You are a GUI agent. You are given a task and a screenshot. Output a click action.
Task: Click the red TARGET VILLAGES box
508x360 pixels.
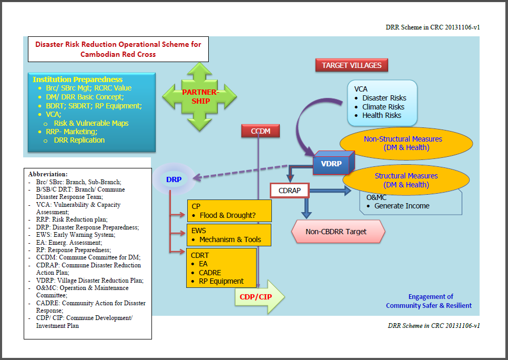tap(352, 65)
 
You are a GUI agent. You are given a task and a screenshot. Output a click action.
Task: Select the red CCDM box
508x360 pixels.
tap(260, 131)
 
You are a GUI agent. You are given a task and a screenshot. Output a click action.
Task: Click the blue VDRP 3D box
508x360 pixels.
tap(332, 164)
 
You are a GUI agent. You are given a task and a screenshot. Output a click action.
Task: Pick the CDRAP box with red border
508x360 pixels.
tap(290, 190)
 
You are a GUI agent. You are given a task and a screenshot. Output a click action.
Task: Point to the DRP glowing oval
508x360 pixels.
tap(174, 179)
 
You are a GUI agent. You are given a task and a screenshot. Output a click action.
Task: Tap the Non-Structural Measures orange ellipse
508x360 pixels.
tap(403, 143)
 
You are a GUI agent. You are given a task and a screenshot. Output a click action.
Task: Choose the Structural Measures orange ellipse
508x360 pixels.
tap(405, 180)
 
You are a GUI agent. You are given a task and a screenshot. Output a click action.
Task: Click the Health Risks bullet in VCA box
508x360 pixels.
tap(381, 115)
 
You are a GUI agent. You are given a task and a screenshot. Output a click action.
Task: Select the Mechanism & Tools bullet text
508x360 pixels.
tap(230, 239)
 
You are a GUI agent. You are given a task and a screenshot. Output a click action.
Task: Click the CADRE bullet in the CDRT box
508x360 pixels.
tap(210, 272)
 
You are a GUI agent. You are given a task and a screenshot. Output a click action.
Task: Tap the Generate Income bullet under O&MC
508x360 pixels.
tap(402, 206)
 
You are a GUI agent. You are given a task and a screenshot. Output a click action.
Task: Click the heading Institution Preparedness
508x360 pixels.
tap(77, 79)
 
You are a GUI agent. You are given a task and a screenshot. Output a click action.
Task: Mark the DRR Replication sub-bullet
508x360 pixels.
tap(79, 140)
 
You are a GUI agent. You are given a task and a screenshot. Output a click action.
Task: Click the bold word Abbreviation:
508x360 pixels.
tap(48, 174)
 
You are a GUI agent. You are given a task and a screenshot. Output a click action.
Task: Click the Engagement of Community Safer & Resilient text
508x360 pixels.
tap(429, 301)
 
